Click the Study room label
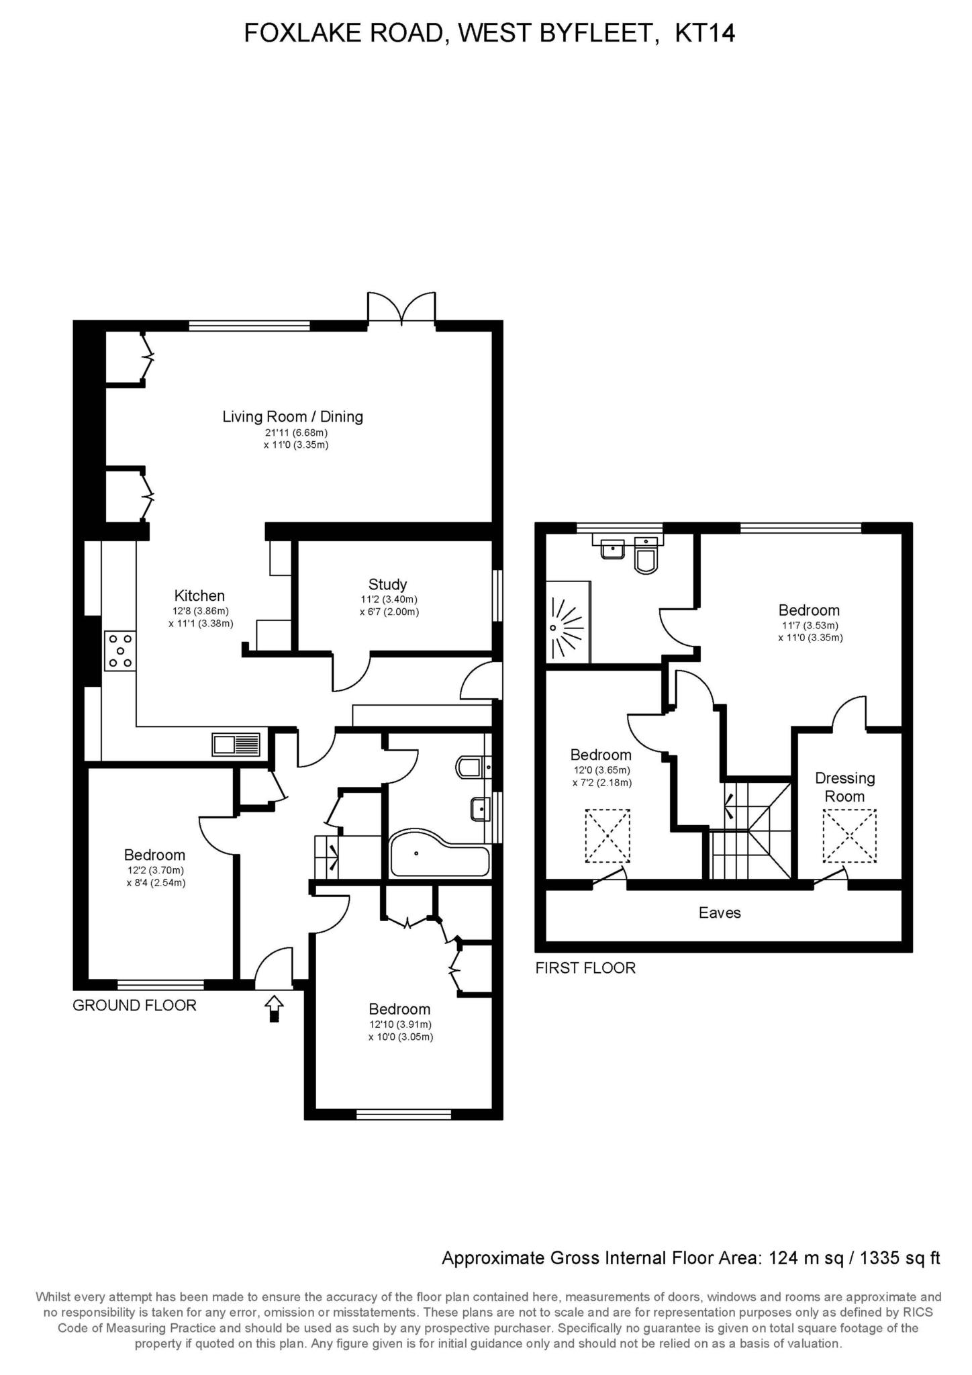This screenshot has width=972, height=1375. coord(387,584)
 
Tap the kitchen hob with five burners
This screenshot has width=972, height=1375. coord(119,651)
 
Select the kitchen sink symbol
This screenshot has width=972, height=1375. coord(236,745)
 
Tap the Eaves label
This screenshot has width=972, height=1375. coord(720,912)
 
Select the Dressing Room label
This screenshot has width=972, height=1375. coord(844,787)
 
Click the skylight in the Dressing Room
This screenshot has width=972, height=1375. coord(850,836)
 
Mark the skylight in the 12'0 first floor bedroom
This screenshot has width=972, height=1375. coord(607,836)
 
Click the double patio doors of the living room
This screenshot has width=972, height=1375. coord(401,309)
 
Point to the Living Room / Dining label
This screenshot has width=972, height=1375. coord(293,416)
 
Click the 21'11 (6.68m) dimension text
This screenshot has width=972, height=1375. coord(296,433)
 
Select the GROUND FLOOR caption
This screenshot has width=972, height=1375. coord(134,1005)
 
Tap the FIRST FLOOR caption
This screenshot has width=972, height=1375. coord(585,967)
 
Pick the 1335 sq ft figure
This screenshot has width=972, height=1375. coord(901,1258)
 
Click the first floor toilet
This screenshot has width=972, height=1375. coord(646,557)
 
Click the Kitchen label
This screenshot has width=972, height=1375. coord(199,596)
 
